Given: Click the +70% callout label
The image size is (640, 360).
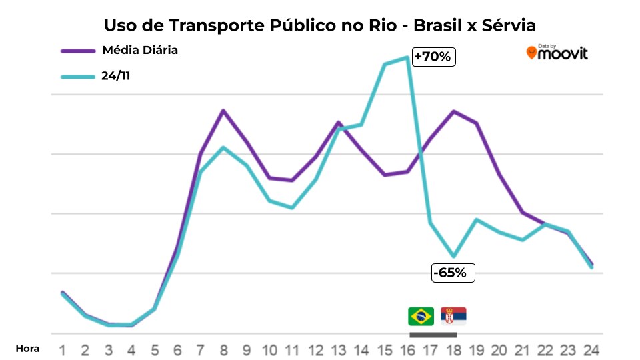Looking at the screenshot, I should coord(433,57).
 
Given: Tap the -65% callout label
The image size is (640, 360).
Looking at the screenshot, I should coord(453,272).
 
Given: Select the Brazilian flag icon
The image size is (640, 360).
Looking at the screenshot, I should coord(421,316).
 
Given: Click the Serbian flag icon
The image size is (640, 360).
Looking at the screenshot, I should coord(453,316).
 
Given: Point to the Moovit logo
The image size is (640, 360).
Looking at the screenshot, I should coord(557,53).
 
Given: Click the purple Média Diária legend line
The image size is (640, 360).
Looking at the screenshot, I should coord(77,50).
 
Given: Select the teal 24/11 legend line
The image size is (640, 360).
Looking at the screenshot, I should coord(77,76).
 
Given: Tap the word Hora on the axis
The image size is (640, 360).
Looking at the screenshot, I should coord(27,348).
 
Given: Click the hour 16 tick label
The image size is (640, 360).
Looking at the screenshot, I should coord(407,349).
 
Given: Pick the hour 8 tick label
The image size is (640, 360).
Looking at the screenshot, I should coord(223,349).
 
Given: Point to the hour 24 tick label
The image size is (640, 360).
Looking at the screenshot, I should coord(591,349).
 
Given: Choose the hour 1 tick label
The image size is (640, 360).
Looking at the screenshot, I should coord(62,349).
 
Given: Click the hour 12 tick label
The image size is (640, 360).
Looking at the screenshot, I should coord(315,349).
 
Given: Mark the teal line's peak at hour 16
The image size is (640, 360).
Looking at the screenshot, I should coord(407,57).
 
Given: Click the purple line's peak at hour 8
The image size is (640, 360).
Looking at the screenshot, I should coord(223,110).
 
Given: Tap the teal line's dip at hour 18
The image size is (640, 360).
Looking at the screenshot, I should coord(453,256).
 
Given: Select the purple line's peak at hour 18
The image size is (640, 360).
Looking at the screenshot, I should coord(453,111).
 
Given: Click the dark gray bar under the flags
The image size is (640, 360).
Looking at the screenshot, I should coord(432,335).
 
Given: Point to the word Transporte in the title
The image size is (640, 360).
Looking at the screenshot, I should coord(221,25).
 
